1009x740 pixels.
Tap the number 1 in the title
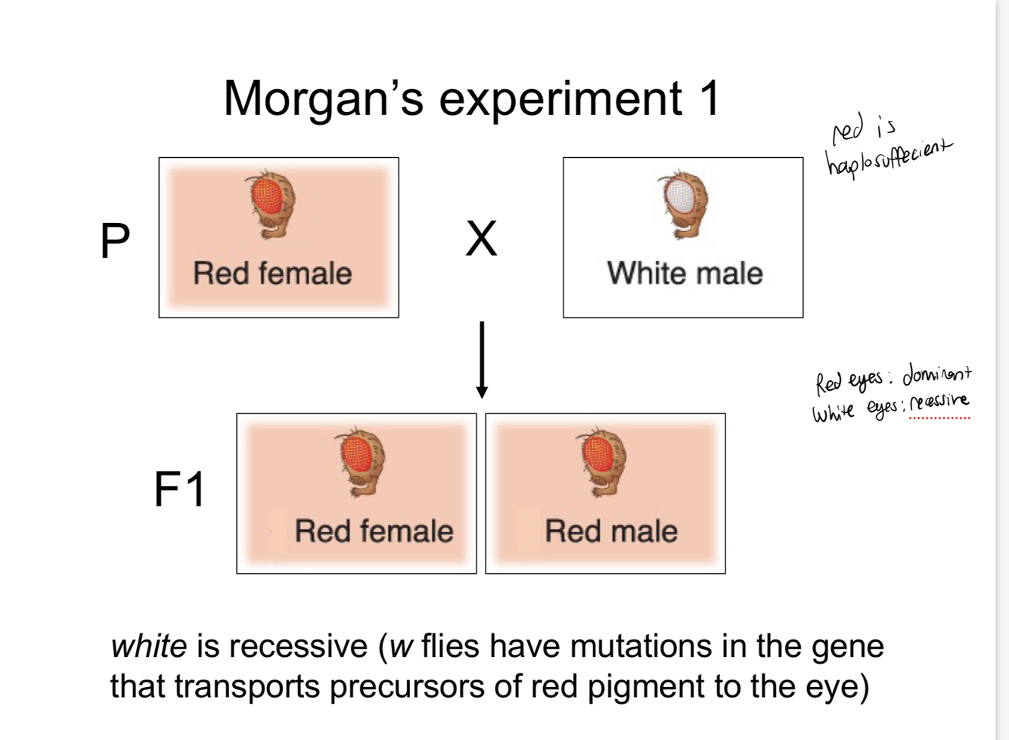coord(709,98)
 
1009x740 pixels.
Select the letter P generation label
coord(115,240)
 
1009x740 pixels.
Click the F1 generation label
coord(179,489)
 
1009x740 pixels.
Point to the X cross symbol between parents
coord(481,239)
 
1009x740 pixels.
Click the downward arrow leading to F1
coord(481,359)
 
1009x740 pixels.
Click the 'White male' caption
coord(685,274)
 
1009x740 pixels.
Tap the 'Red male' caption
coord(611,531)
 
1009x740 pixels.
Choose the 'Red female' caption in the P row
coord(272,274)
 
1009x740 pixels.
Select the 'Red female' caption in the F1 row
coord(374,531)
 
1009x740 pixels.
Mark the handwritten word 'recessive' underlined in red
coord(939,402)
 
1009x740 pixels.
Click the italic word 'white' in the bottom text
coord(149,646)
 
